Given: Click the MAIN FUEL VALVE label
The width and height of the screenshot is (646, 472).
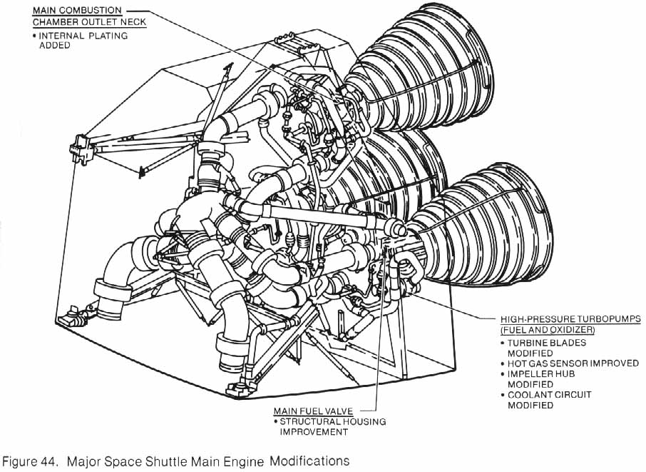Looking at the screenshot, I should [313, 411].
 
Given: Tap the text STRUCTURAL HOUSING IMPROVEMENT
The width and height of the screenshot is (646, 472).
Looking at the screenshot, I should [332, 426].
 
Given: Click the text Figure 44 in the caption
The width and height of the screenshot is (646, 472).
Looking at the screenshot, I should [28, 461].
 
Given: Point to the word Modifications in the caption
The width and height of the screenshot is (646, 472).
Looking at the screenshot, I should [310, 461].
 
